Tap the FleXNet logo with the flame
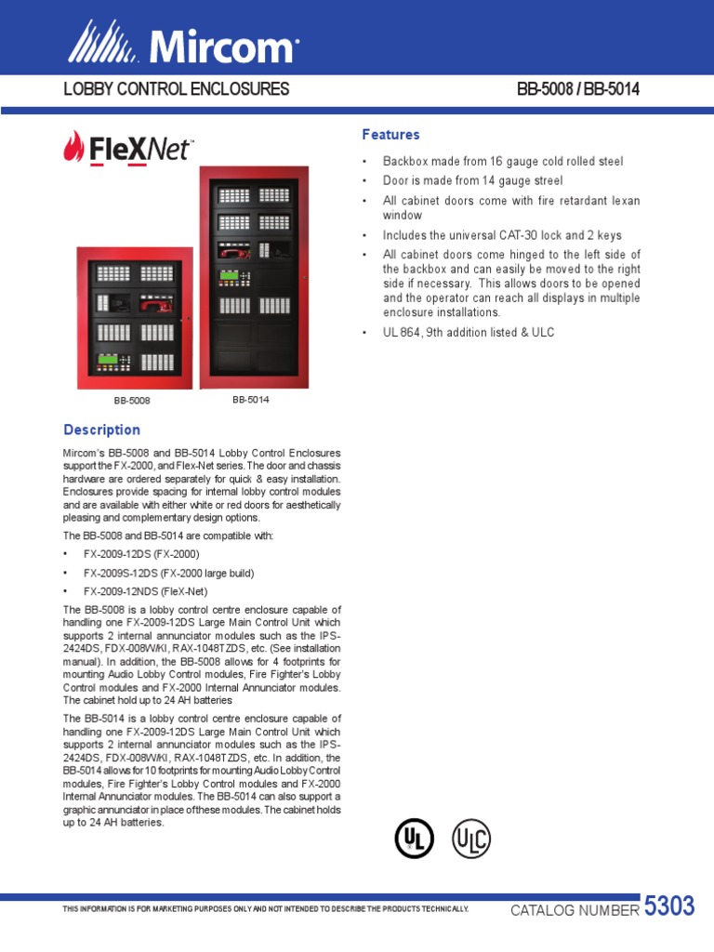coord(128,149)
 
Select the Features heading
coord(390,135)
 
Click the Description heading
coord(101,430)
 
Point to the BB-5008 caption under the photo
coord(132,401)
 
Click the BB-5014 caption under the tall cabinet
coord(251,400)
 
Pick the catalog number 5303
coord(669,907)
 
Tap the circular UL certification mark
coord(413,839)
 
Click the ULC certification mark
coord(470,839)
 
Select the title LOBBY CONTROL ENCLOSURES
coord(176,90)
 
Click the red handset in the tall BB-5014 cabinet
coord(234,252)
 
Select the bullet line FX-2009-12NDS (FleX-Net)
coord(145,591)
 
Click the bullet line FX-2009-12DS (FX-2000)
coord(141,554)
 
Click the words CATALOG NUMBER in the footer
coord(575,910)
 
